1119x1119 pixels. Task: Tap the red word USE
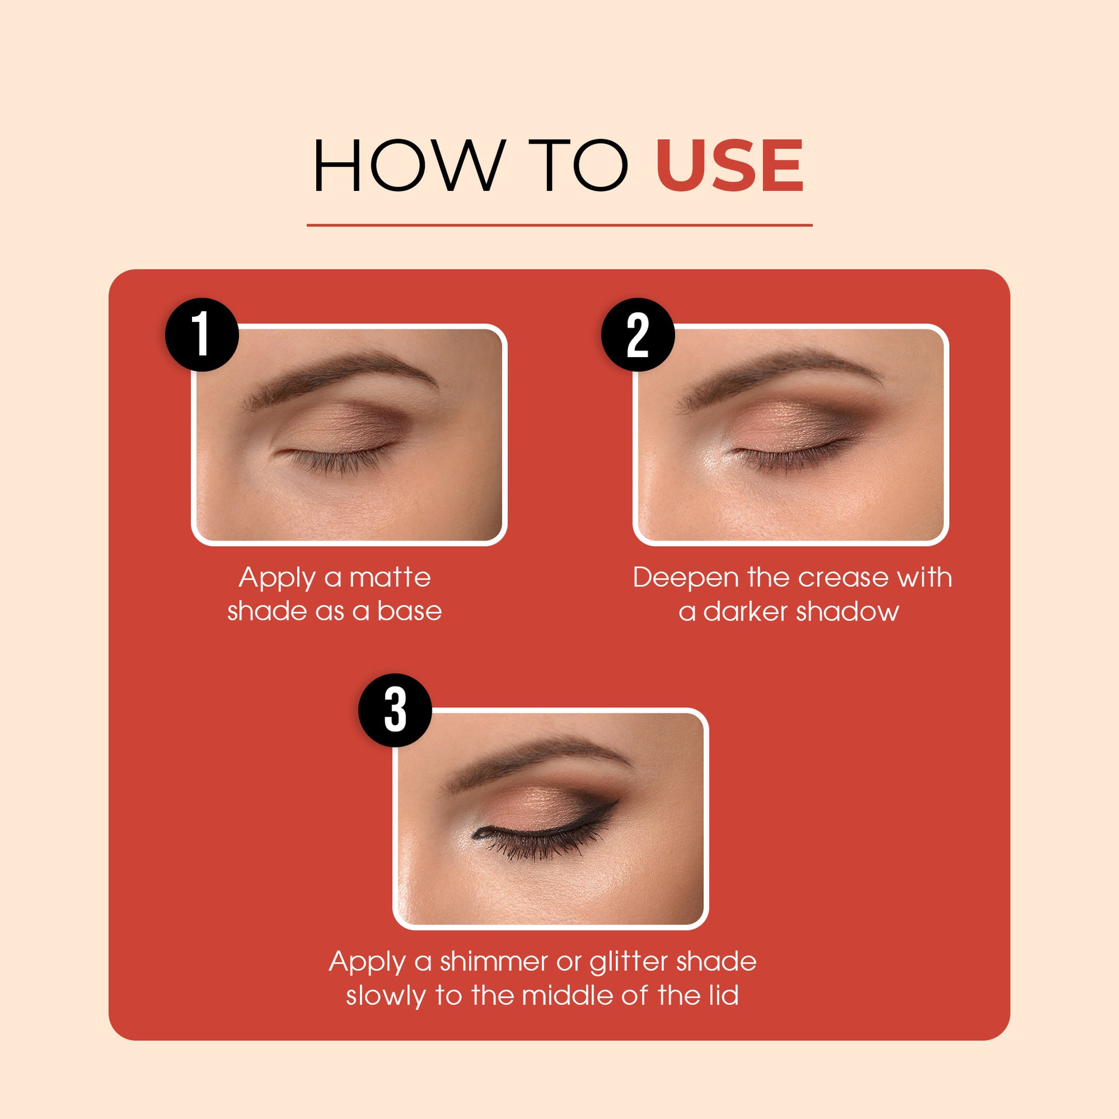[x=729, y=166]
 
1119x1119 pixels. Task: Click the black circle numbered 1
[x=202, y=334]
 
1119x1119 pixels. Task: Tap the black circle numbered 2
[x=638, y=334]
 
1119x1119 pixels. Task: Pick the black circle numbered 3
[x=396, y=710]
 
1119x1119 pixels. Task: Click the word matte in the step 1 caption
[x=390, y=577]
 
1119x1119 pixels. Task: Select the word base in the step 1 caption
[x=409, y=612]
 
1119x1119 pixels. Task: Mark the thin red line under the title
[x=559, y=225]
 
